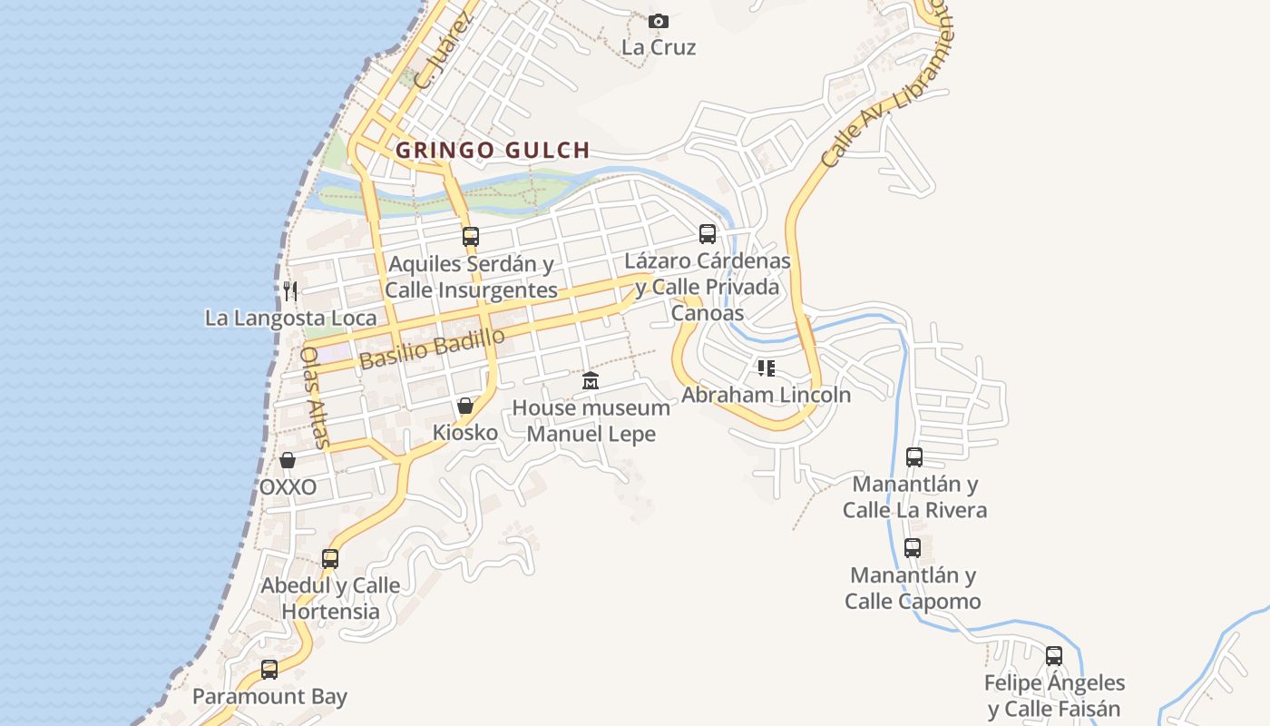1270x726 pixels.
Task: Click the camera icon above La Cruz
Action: [659, 21]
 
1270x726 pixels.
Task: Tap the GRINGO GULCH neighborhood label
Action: [493, 150]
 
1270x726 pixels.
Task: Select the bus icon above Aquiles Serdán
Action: [470, 237]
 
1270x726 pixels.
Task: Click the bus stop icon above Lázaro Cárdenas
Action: [708, 234]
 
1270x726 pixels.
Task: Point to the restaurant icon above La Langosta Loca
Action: [290, 290]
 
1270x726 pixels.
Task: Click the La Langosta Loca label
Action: [290, 318]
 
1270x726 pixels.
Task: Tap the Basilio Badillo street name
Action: [432, 348]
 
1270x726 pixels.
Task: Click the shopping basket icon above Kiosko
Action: [465, 406]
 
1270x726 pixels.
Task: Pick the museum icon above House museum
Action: [591, 380]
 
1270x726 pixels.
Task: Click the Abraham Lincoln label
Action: [766, 395]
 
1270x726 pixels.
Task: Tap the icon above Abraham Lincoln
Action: [767, 368]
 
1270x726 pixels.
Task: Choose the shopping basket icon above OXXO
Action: [288, 460]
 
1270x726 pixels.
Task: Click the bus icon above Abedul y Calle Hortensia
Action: [330, 558]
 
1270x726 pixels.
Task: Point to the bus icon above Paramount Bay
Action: [269, 670]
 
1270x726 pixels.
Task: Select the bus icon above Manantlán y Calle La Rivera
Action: [914, 457]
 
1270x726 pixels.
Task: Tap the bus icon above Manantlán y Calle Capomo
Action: [913, 548]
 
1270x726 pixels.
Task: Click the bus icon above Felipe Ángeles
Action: [1054, 655]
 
